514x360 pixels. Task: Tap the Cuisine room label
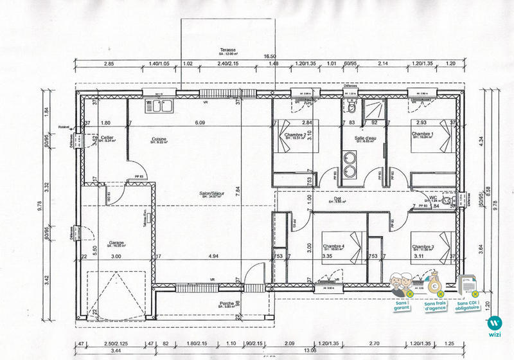click(x=160, y=139)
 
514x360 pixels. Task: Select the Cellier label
click(x=107, y=138)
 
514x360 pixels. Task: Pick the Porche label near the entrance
click(x=226, y=303)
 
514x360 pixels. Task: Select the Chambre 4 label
click(x=334, y=247)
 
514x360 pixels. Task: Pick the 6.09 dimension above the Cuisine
click(x=200, y=123)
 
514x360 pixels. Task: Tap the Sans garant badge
click(x=403, y=291)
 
